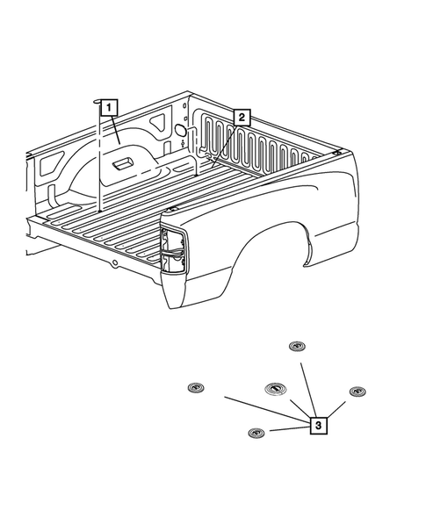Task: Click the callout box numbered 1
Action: pyautogui.click(x=108, y=108)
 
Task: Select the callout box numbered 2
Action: pyautogui.click(x=242, y=116)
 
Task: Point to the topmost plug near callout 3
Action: pyautogui.click(x=296, y=346)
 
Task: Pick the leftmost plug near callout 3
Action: pyautogui.click(x=195, y=387)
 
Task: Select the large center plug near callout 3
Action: pyautogui.click(x=274, y=391)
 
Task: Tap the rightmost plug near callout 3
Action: pyautogui.click(x=356, y=391)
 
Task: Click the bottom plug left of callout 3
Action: pyautogui.click(x=256, y=433)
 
